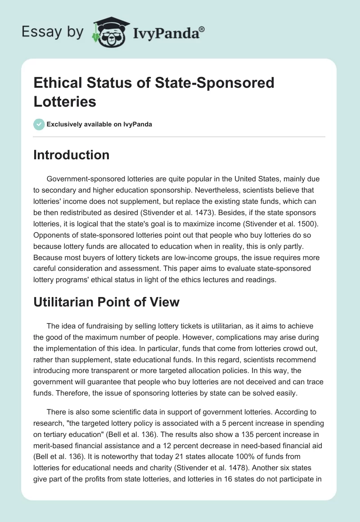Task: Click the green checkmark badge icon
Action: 39,124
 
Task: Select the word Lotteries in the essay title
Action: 65,101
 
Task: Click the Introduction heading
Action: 72,155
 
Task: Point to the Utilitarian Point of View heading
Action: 106,302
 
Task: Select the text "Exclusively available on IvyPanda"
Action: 100,125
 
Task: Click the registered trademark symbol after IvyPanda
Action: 202,30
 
